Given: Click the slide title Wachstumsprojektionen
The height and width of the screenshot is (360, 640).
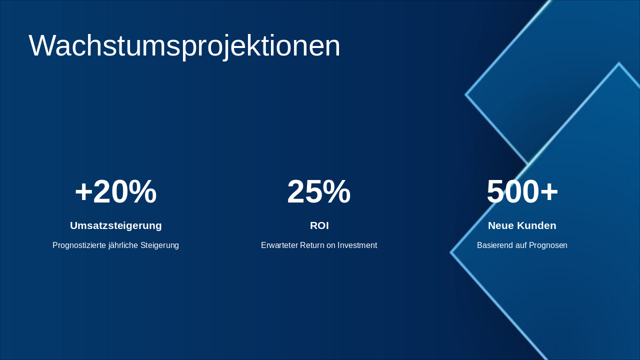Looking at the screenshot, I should pos(184,46).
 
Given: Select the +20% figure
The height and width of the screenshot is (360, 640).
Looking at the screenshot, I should pos(115,192).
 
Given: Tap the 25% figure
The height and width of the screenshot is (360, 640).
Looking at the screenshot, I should pos(319,192).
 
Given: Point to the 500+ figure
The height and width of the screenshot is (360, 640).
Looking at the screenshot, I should pos(522,192).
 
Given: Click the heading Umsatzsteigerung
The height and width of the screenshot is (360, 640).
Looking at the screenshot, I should pos(115,225).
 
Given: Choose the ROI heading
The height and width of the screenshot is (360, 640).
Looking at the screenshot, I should pos(319,225).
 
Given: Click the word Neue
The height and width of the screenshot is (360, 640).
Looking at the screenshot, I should pos(501,225).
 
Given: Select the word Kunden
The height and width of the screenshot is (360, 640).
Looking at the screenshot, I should pos(536,225).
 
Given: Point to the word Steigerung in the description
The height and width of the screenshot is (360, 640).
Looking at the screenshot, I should pos(159,245).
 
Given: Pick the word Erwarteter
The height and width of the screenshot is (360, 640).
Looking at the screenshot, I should pos(279,245).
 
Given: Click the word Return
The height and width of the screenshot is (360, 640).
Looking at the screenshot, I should pos(312,245).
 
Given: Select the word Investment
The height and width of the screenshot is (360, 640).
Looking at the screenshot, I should pos(357,245).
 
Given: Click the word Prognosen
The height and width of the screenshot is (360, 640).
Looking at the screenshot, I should pos(546,245).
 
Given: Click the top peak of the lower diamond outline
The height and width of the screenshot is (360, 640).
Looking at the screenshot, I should pos(618,63).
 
